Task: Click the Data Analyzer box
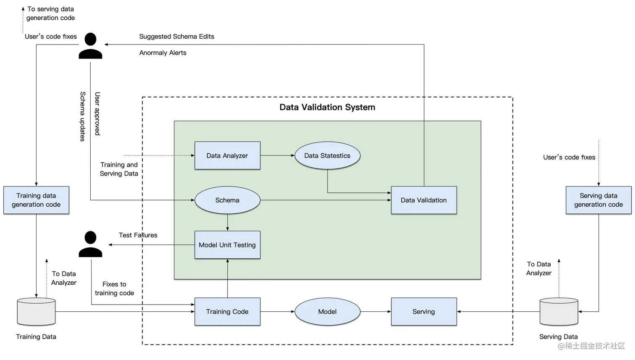(227, 155)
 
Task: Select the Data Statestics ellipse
(327, 155)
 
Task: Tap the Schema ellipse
(227, 200)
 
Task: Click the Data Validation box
(423, 200)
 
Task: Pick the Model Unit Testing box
(227, 245)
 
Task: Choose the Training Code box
(227, 311)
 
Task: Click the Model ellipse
(327, 311)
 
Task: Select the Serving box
(423, 311)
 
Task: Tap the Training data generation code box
(36, 200)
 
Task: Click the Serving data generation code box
(598, 200)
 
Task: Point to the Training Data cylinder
(36, 312)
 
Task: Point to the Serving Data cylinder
(559, 312)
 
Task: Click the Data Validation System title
(327, 107)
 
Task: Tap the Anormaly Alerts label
(163, 53)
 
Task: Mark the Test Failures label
(138, 235)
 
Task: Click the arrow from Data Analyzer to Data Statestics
(277, 155)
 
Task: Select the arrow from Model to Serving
(375, 311)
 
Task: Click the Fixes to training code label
(114, 289)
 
